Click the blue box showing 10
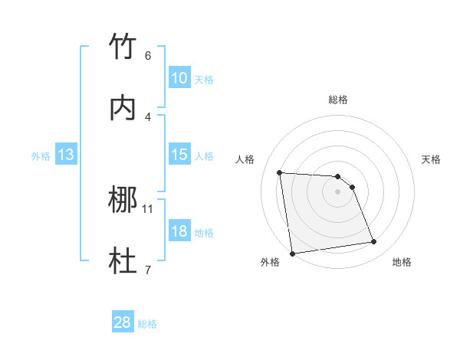179,78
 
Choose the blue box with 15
179,155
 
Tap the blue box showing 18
179,231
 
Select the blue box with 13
66,155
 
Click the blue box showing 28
123,322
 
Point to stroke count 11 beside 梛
148,208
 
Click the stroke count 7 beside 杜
148,269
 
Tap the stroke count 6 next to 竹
148,55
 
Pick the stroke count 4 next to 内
148,116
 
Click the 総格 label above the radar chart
338,100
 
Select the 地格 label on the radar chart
402,262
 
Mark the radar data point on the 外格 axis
292,254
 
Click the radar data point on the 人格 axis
280,172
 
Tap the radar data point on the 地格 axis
374,242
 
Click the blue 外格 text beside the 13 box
41,156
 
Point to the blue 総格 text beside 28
147,324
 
